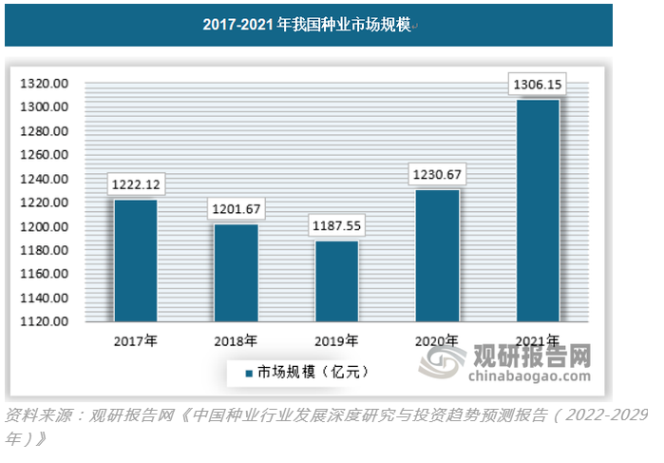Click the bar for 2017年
[x=136, y=260]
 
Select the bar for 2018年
[x=236, y=273]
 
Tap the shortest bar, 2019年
[x=336, y=281]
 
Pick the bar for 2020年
[x=437, y=256]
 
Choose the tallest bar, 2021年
[x=538, y=210]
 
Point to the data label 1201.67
[x=236, y=208]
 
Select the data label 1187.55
[x=336, y=228]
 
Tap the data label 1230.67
[x=437, y=174]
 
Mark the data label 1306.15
[x=538, y=85]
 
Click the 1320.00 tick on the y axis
[x=44, y=84]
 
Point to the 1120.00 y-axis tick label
[x=44, y=322]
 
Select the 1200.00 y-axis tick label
[x=44, y=227]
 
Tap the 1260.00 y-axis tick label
[x=44, y=155]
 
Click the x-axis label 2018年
[x=236, y=340]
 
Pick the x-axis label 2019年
[x=336, y=340]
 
